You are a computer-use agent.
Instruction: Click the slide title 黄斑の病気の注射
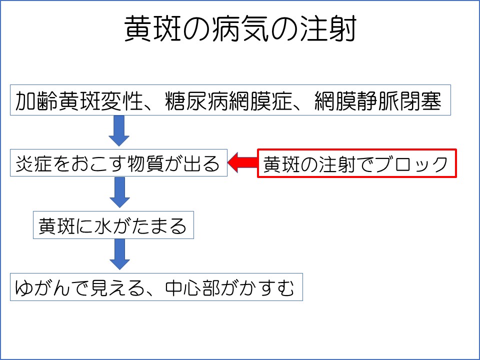pyautogui.click(x=240, y=28)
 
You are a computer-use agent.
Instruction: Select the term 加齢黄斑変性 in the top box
pyautogui.click(x=79, y=100)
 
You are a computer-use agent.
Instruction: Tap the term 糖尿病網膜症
pyautogui.click(x=228, y=100)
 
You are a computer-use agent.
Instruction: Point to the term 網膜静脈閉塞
pyautogui.click(x=378, y=100)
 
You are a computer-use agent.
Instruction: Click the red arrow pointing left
pyautogui.click(x=242, y=163)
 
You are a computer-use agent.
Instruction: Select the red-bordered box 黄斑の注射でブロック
pyautogui.click(x=357, y=163)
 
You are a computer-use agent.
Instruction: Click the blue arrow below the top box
pyautogui.click(x=119, y=130)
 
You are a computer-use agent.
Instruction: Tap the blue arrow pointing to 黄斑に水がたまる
pyautogui.click(x=119, y=192)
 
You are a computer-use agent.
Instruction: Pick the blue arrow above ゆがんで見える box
pyautogui.click(x=119, y=254)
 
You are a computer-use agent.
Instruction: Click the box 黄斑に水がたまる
pyautogui.click(x=113, y=225)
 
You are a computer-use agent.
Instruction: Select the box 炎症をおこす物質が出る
pyautogui.click(x=119, y=162)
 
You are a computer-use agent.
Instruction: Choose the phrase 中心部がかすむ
pyautogui.click(x=229, y=287)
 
